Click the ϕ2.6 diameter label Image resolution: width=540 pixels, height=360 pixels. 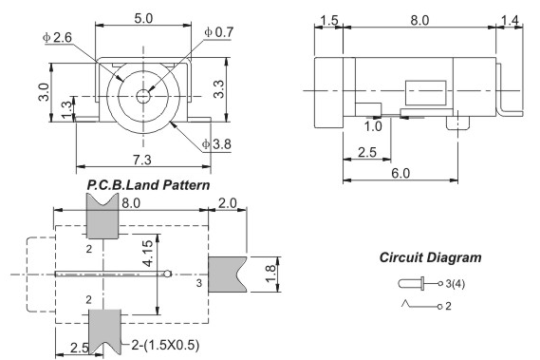pos(57,37)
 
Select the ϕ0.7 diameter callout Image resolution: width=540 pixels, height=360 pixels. pos(218,32)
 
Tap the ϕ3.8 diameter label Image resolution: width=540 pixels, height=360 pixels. pos(216,144)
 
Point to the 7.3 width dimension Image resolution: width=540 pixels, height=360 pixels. pos(142,160)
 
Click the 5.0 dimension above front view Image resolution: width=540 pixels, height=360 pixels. pos(143,18)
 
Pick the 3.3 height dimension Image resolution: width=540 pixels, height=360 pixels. pos(218,89)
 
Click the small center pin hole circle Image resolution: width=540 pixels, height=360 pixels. pos(143,96)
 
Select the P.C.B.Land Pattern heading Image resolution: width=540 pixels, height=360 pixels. pos(148,185)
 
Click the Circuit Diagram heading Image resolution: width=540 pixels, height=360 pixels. pos(430,257)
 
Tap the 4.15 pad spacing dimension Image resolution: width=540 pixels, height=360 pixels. pos(148,254)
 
